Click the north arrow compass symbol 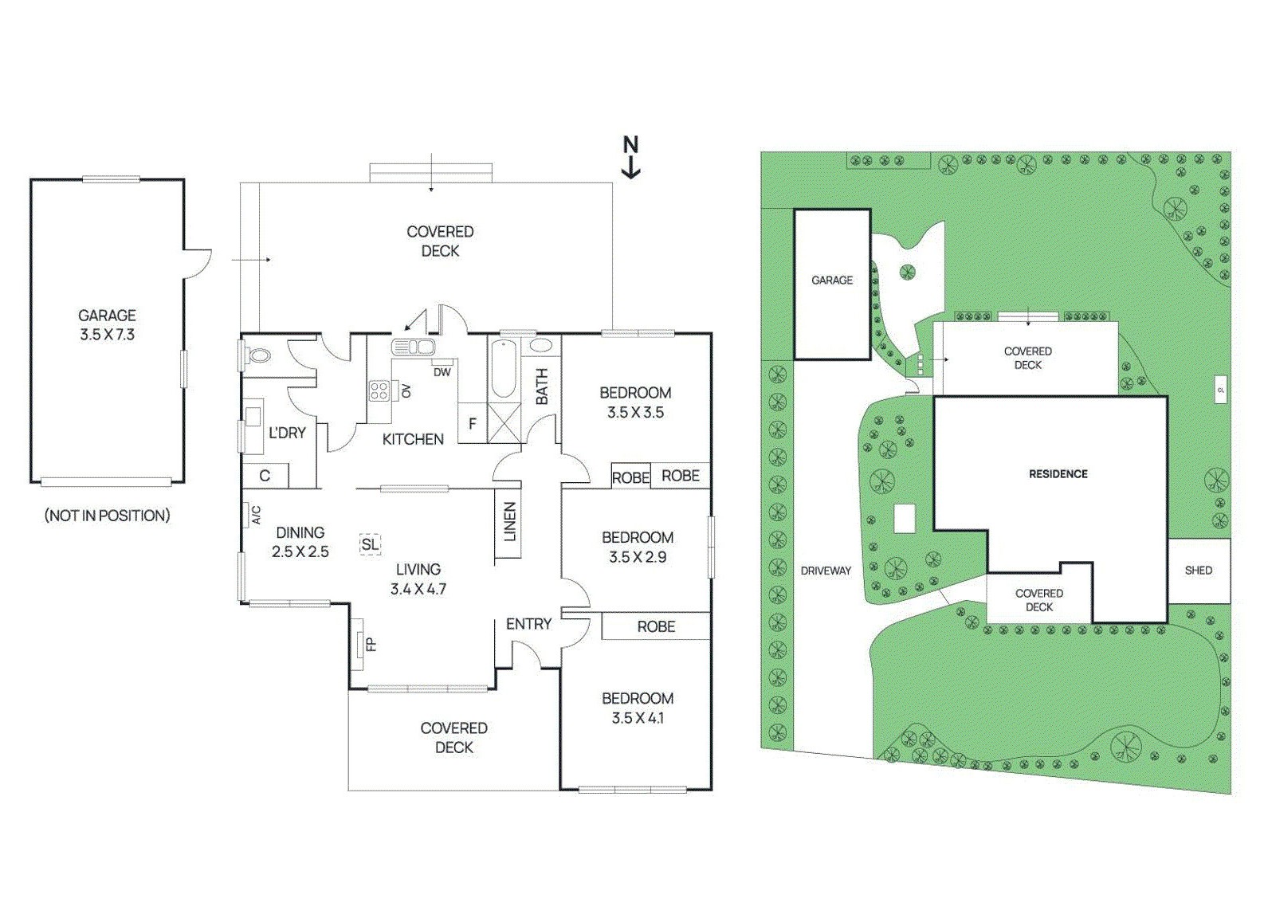[x=630, y=157]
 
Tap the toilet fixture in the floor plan [x=257, y=355]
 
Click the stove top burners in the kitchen [x=379, y=390]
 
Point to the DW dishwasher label [x=442, y=372]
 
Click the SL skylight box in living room [x=370, y=544]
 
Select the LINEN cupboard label [x=510, y=522]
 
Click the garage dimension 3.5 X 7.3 [x=107, y=335]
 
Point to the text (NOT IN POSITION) [x=107, y=516]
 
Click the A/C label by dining [x=257, y=515]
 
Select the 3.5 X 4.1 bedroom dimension [x=638, y=718]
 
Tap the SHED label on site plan [x=1198, y=571]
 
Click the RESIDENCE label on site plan [x=1058, y=474]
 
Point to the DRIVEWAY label [x=826, y=571]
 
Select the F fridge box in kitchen [x=472, y=424]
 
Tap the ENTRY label [x=528, y=624]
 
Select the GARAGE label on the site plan [x=831, y=281]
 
